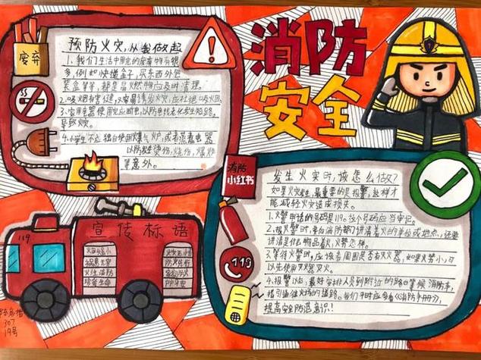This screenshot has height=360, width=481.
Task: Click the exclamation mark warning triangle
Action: pos(209,50)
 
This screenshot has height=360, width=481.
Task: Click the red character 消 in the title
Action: pos(278,45)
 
